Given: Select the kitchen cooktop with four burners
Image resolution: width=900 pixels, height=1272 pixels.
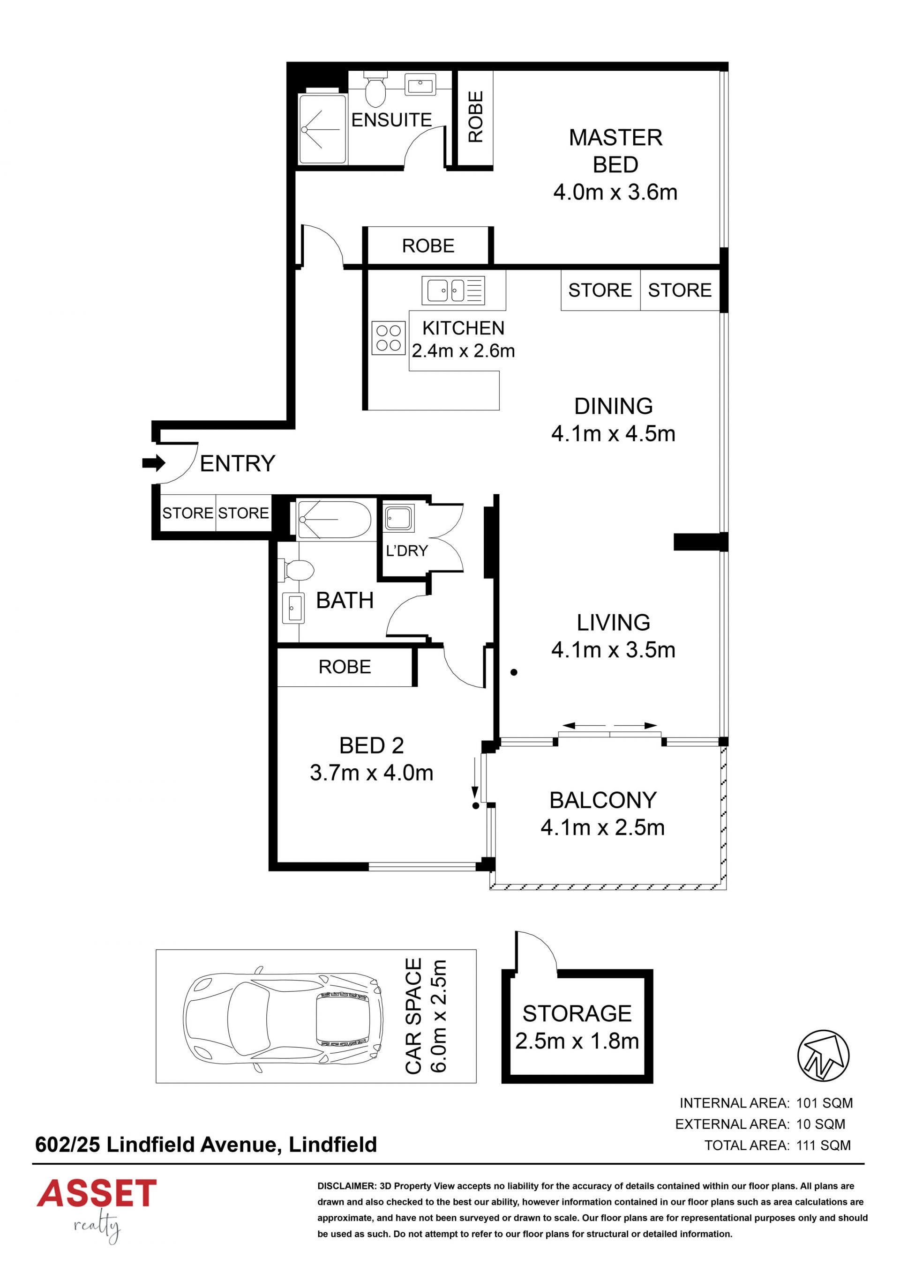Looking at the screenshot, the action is pyautogui.click(x=389, y=338).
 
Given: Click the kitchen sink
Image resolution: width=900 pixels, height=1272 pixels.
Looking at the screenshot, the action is pyautogui.click(x=453, y=290).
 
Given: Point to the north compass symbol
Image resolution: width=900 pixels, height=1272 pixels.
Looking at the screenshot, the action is pyautogui.click(x=823, y=1056).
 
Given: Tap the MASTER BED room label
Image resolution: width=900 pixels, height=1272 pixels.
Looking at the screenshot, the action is pyautogui.click(x=615, y=151).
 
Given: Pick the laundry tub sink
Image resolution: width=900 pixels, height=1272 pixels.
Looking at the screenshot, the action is pyautogui.click(x=398, y=519).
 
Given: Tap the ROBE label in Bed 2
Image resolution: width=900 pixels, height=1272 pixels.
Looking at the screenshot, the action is pyautogui.click(x=345, y=667).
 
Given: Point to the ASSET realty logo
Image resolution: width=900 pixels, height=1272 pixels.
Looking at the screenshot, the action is pyautogui.click(x=97, y=1212).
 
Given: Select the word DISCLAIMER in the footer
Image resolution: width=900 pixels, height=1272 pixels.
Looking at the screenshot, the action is pyautogui.click(x=346, y=1186).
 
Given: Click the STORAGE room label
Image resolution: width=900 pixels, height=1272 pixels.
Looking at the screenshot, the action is pyautogui.click(x=577, y=1014).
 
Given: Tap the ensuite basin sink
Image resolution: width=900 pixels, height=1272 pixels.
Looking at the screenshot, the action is pyautogui.click(x=420, y=85).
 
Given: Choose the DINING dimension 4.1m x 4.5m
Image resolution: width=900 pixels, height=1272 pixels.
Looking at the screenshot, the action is pyautogui.click(x=613, y=433).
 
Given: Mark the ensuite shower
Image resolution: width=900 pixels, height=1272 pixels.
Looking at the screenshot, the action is pyautogui.click(x=322, y=130).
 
